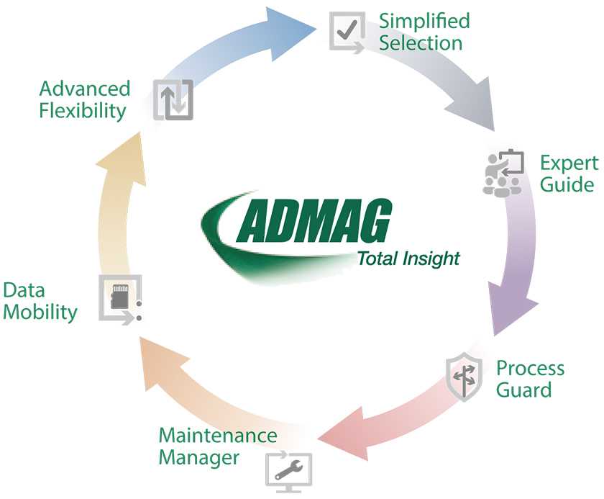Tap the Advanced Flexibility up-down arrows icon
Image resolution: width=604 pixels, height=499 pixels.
tap(173, 100)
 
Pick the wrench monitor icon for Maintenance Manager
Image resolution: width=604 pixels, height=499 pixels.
tap(288, 469)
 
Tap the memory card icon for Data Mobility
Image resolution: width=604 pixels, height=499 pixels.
tap(119, 297)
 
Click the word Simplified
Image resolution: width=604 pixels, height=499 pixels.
tap(424, 20)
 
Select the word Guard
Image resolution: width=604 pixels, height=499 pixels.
tap(524, 390)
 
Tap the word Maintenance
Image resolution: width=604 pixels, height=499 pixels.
tap(217, 435)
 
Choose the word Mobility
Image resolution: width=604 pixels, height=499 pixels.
tap(40, 312)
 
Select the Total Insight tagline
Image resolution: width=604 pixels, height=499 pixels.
tap(408, 259)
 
